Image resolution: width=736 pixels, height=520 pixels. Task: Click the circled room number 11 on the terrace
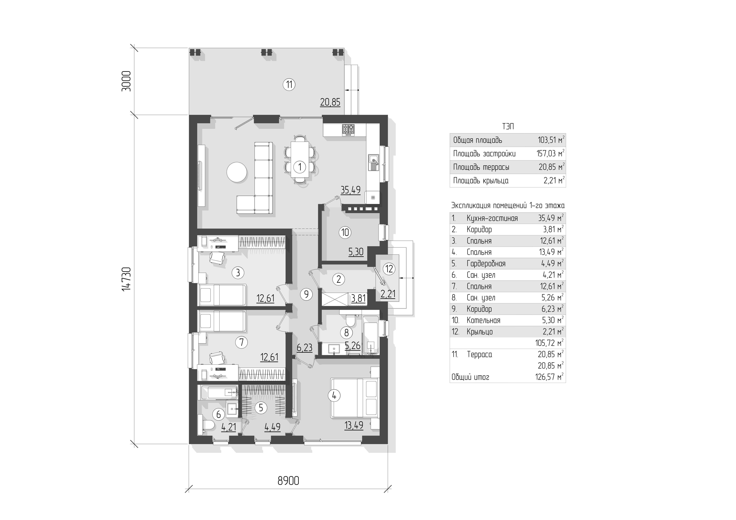289,85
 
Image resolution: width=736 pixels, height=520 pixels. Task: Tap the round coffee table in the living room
237,172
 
